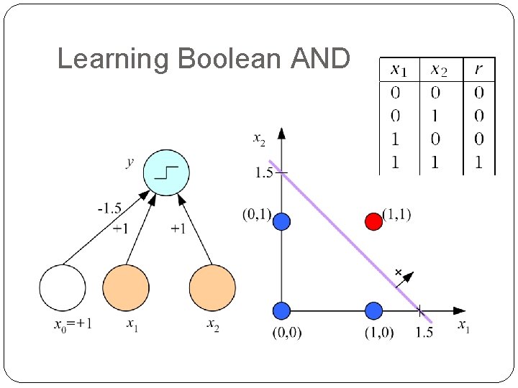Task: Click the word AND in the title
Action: (320, 58)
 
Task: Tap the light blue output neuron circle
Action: (166, 172)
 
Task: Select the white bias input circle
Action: (63, 287)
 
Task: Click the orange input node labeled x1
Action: (126, 287)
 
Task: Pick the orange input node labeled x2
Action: (212, 287)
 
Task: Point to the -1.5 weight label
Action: (109, 209)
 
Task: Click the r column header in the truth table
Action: (478, 70)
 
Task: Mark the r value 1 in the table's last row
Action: (478, 162)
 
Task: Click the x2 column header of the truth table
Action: (438, 70)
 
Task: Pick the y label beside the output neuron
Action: (129, 162)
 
